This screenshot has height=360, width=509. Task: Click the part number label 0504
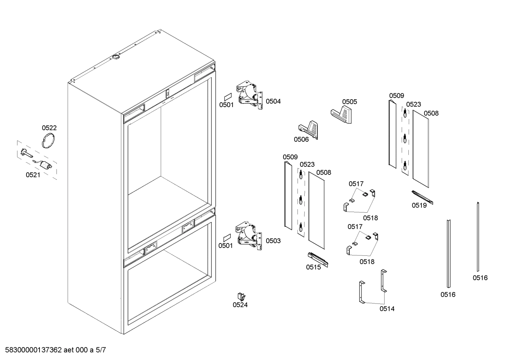pos(273,101)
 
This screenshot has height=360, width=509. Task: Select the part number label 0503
pos(273,241)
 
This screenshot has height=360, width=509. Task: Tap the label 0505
pos(349,102)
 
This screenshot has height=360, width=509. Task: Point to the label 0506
pos(301,139)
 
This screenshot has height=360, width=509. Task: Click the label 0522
pos(49,128)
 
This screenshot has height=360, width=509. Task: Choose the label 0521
pos(33,175)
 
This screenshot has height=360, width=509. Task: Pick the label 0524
pos(240,305)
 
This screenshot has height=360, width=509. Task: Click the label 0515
pos(313,267)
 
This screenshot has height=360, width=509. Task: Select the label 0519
pos(419,205)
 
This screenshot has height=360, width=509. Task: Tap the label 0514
pos(387,309)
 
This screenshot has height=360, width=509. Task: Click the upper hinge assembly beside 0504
pos(250,95)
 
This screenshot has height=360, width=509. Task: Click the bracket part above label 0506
pos(309,129)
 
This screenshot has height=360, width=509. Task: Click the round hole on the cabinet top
pos(116,57)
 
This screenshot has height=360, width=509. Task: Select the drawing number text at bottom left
pos(53,350)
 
